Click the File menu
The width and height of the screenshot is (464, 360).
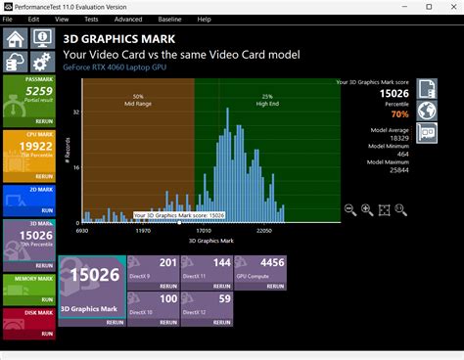pyautogui.click(x=9, y=19)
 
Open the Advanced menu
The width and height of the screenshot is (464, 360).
pyautogui.click(x=127, y=19)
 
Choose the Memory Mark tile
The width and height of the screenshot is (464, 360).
pyautogui.click(x=27, y=284)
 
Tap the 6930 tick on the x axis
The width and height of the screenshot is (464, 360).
pyautogui.click(x=81, y=232)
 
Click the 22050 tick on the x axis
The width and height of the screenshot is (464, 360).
pyautogui.click(x=263, y=232)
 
